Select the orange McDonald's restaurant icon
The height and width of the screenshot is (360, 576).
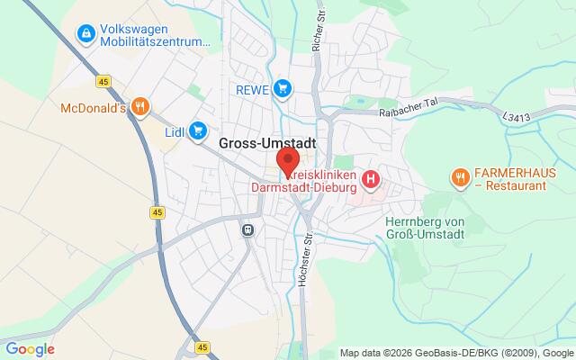tap(139, 108)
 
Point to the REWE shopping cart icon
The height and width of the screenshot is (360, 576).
tap(283, 88)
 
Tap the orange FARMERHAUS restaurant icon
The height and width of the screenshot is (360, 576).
tap(460, 177)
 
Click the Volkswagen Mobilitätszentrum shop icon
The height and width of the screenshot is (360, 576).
tap(85, 34)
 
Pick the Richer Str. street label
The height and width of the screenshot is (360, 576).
tap(317, 32)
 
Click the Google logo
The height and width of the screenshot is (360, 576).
tap(30, 349)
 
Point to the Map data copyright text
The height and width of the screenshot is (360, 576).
tap(457, 353)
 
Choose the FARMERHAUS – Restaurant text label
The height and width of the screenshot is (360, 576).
tap(516, 178)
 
